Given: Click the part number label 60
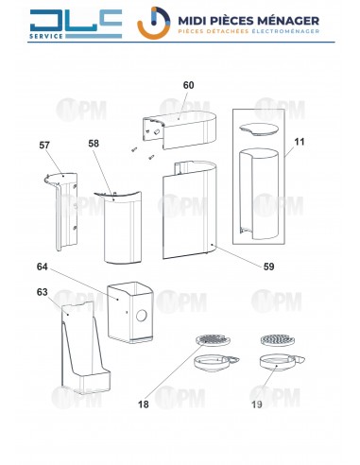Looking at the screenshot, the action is tap(188, 85).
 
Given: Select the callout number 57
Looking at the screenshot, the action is tap(44, 146).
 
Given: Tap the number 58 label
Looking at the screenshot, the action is tap(94, 144).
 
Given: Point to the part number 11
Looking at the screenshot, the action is tap(300, 142).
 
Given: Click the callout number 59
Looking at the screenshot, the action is tap(268, 267).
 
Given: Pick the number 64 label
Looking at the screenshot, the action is tap(43, 267).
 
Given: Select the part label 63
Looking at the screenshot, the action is tap(43, 292).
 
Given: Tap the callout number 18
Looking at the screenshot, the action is tap(144, 405).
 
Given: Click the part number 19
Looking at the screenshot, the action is tap(257, 405).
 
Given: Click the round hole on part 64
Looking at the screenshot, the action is tap(142, 316).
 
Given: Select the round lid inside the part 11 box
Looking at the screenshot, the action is tap(259, 129).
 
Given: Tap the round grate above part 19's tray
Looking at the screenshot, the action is tap(277, 340).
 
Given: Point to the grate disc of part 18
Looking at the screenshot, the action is tap(213, 340).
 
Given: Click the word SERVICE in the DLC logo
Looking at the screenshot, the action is tap(46, 36).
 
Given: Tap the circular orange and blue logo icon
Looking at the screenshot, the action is tap(154, 23).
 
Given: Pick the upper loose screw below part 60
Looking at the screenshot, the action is tap(134, 149).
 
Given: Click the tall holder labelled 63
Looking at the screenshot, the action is tap(86, 347).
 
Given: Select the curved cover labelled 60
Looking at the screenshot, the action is tap(180, 129).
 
